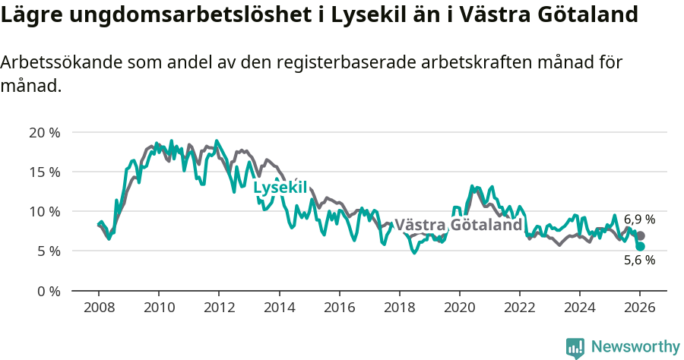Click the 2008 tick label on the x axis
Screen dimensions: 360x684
pyautogui.click(x=98, y=308)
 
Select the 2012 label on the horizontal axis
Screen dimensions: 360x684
pyautogui.click(x=218, y=308)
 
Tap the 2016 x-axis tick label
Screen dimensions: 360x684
pyautogui.click(x=339, y=308)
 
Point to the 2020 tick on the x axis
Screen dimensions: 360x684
pyautogui.click(x=459, y=308)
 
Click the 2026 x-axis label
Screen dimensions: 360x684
pyautogui.click(x=640, y=308)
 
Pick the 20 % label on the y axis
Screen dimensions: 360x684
pyautogui.click(x=45, y=132)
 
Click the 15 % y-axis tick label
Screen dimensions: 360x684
pyautogui.click(x=45, y=172)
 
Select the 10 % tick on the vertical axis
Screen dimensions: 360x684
pyautogui.click(x=45, y=211)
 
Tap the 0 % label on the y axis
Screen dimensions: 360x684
pyautogui.click(x=49, y=290)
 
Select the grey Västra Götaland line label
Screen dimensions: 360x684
pyautogui.click(x=458, y=225)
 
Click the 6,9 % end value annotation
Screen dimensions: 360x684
pyautogui.click(x=639, y=219)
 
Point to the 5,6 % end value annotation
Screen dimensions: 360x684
pyautogui.click(x=639, y=260)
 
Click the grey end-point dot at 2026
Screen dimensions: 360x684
pyautogui.click(x=641, y=236)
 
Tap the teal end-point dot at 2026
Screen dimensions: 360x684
pyautogui.click(x=641, y=247)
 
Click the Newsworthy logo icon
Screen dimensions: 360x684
pyautogui.click(x=575, y=348)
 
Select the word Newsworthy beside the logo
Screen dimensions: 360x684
pyautogui.click(x=635, y=347)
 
